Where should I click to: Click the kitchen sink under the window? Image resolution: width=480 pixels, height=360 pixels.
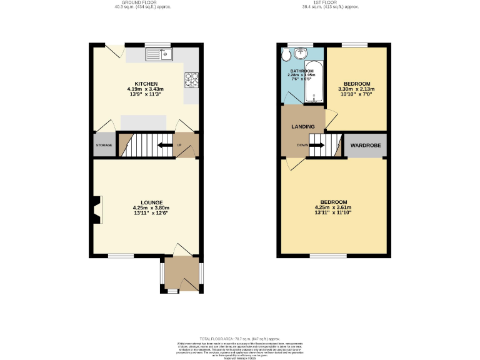click(159, 55)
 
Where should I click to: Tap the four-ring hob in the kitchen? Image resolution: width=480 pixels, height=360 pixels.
click(191, 79)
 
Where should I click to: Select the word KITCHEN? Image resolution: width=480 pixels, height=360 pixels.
click(146, 84)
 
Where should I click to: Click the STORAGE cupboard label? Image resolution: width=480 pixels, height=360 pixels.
click(104, 145)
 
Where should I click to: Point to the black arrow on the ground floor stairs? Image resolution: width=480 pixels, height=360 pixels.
click(165, 146)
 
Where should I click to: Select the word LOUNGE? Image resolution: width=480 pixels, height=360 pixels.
click(151, 202)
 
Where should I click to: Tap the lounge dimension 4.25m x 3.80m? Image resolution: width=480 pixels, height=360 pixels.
click(151, 208)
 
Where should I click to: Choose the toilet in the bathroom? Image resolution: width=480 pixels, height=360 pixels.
click(286, 56)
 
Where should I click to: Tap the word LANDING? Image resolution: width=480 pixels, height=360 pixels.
click(302, 127)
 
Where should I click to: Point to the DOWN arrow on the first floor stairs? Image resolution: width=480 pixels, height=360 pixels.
click(316, 146)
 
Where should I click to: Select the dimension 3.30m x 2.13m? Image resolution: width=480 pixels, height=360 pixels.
click(355, 89)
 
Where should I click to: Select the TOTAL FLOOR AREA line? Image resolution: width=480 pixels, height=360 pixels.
click(241, 337)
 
